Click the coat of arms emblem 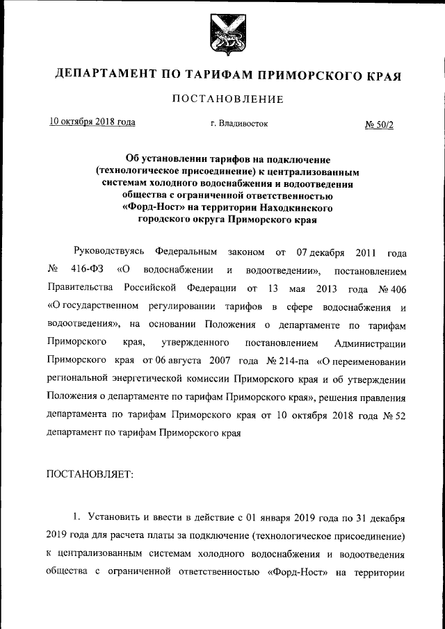click(x=222, y=32)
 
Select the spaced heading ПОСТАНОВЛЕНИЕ click(x=228, y=99)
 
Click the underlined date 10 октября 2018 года click(x=92, y=122)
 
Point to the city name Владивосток click(x=238, y=124)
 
